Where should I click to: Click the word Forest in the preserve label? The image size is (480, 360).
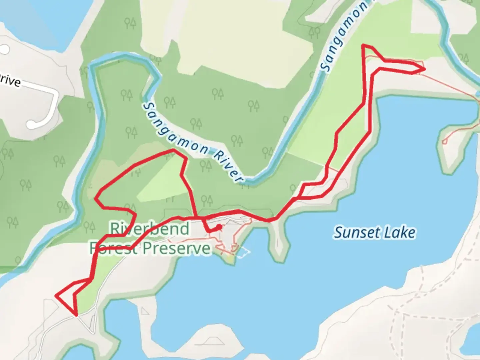(113, 248)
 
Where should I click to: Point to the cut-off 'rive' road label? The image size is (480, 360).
(10, 80)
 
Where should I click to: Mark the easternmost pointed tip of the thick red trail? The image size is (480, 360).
(425, 69)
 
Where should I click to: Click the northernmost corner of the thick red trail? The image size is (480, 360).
(363, 45)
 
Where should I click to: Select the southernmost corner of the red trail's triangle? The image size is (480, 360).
(77, 315)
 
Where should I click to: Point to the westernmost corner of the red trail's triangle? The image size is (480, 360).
(56, 295)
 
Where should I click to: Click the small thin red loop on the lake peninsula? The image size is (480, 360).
(444, 142)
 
